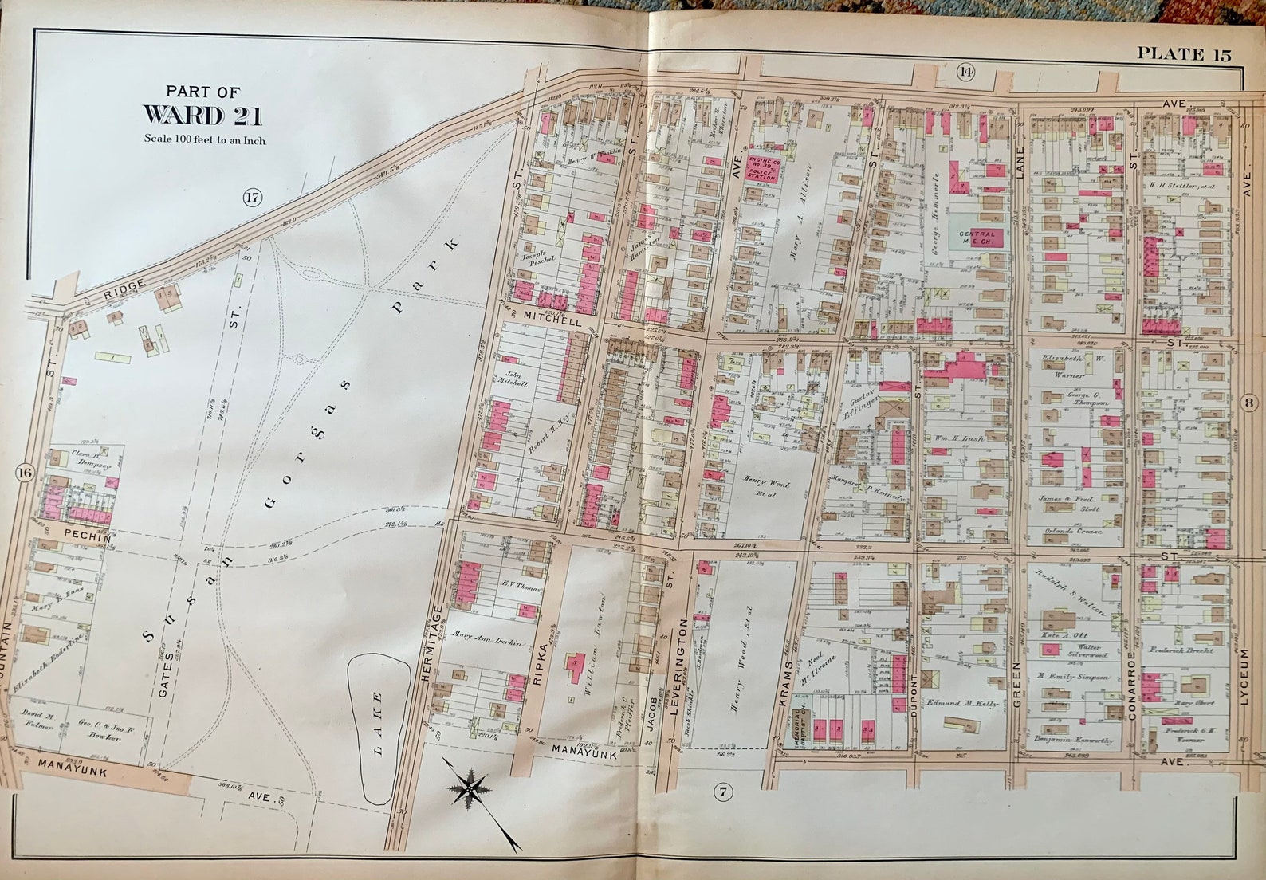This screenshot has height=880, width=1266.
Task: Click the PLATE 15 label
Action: pyautogui.click(x=1183, y=54)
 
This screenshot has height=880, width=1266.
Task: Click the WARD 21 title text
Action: pyautogui.click(x=203, y=116)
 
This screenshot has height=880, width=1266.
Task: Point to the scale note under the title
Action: pyautogui.click(x=204, y=139)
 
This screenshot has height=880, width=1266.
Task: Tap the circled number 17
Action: pyautogui.click(x=252, y=198)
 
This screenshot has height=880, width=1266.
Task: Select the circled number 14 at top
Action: pyautogui.click(x=966, y=73)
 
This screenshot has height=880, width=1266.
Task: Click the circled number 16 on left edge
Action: pyautogui.click(x=23, y=473)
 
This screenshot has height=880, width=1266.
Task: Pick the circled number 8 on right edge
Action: pyautogui.click(x=1249, y=403)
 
